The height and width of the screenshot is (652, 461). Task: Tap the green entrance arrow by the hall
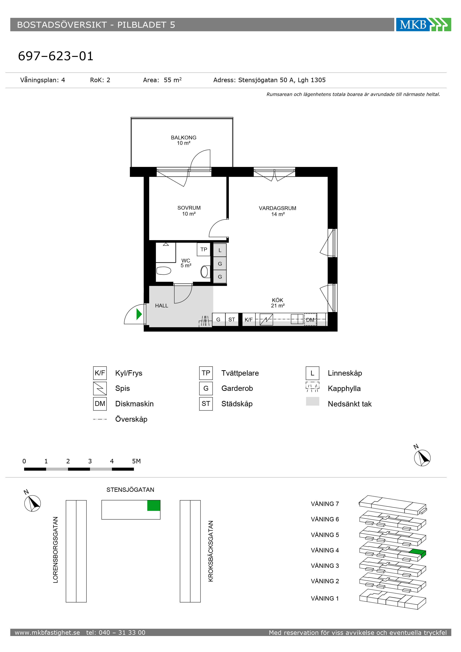coord(139,314)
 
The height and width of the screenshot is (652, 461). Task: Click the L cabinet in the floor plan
coord(220,250)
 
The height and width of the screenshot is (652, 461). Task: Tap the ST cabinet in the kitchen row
coord(232,319)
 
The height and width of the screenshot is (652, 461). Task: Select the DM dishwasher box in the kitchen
coord(310,320)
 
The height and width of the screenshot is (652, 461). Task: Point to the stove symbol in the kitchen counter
coord(266,319)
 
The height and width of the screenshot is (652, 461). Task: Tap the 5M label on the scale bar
coord(136,461)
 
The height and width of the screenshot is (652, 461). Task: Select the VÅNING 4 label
coord(325,550)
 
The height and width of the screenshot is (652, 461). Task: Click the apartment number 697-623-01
coord(56,56)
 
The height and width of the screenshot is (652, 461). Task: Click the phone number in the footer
coord(116,633)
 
